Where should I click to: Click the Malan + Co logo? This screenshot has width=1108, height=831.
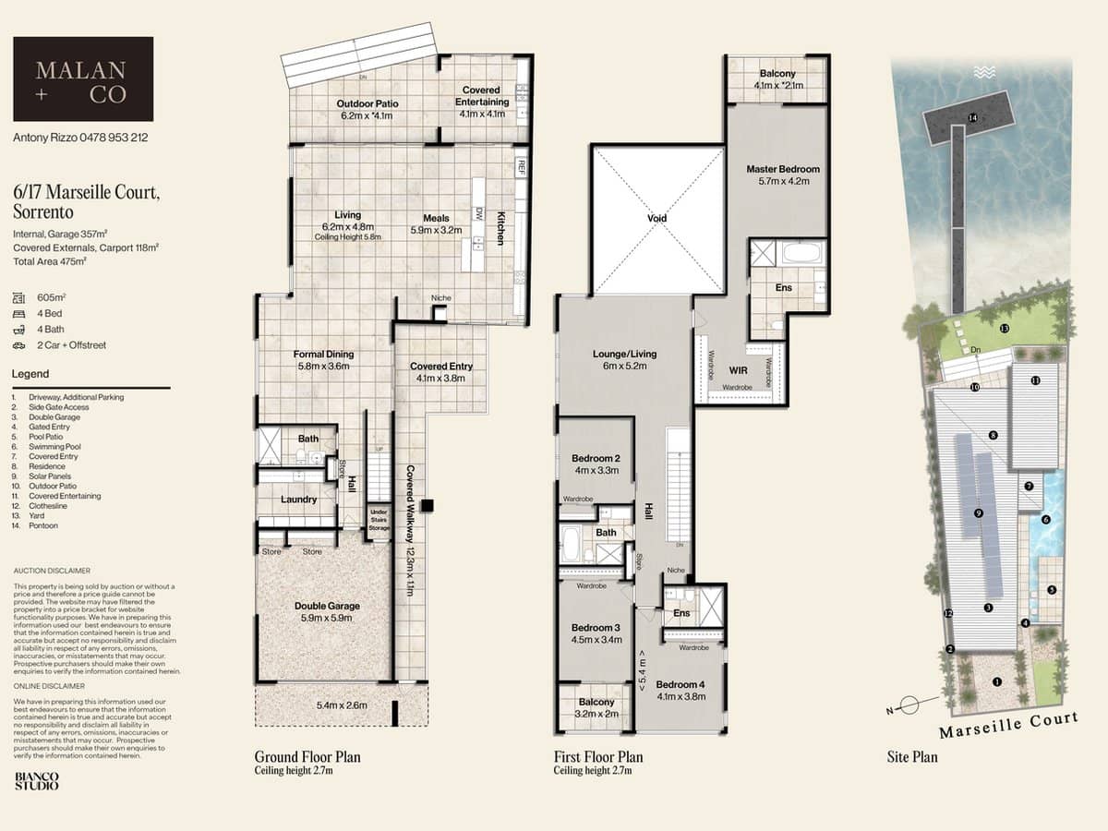coord(83,79)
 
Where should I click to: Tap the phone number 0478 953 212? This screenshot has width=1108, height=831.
coord(114,138)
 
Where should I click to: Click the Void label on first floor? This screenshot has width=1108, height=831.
coord(656,219)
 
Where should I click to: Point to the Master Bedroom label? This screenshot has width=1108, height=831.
coord(783,169)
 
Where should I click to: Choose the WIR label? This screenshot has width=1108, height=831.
coord(738,369)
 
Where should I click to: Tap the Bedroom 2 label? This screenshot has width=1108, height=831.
coord(596,459)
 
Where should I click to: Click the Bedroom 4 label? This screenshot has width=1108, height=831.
coord(680,684)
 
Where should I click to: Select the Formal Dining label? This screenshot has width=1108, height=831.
coord(323,355)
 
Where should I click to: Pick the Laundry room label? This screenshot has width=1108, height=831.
coord(299,500)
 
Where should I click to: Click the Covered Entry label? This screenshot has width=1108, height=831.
coord(440,367)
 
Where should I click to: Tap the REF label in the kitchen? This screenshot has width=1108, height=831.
coord(522,166)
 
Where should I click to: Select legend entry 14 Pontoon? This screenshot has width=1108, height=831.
coord(44,525)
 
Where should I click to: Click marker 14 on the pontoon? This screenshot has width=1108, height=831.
coord(972,118)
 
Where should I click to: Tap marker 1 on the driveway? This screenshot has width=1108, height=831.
coord(996,682)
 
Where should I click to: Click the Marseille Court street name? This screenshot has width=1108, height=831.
coord(1007,726)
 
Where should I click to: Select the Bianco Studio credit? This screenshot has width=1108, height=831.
coord(36,781)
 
